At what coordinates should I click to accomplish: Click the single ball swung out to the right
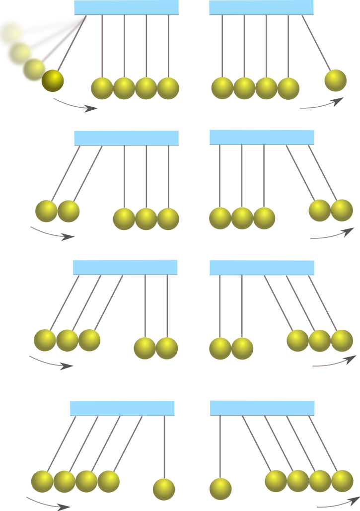[x=335, y=80]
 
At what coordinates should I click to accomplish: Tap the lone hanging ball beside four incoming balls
[x=164, y=489]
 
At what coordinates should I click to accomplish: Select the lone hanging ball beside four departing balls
[x=220, y=489]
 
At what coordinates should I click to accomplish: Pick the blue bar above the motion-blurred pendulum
[x=126, y=7]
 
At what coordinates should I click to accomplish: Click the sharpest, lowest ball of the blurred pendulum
[x=53, y=80]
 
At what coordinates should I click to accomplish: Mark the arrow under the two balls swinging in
[x=52, y=233]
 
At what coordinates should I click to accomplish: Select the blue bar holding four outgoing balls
[x=262, y=408]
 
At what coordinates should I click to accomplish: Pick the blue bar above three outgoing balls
[x=262, y=267]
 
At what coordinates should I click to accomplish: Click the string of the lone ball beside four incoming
[x=164, y=447]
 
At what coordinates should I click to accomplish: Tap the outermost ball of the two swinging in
[x=46, y=211]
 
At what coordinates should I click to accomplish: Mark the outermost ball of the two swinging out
[x=342, y=210]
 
